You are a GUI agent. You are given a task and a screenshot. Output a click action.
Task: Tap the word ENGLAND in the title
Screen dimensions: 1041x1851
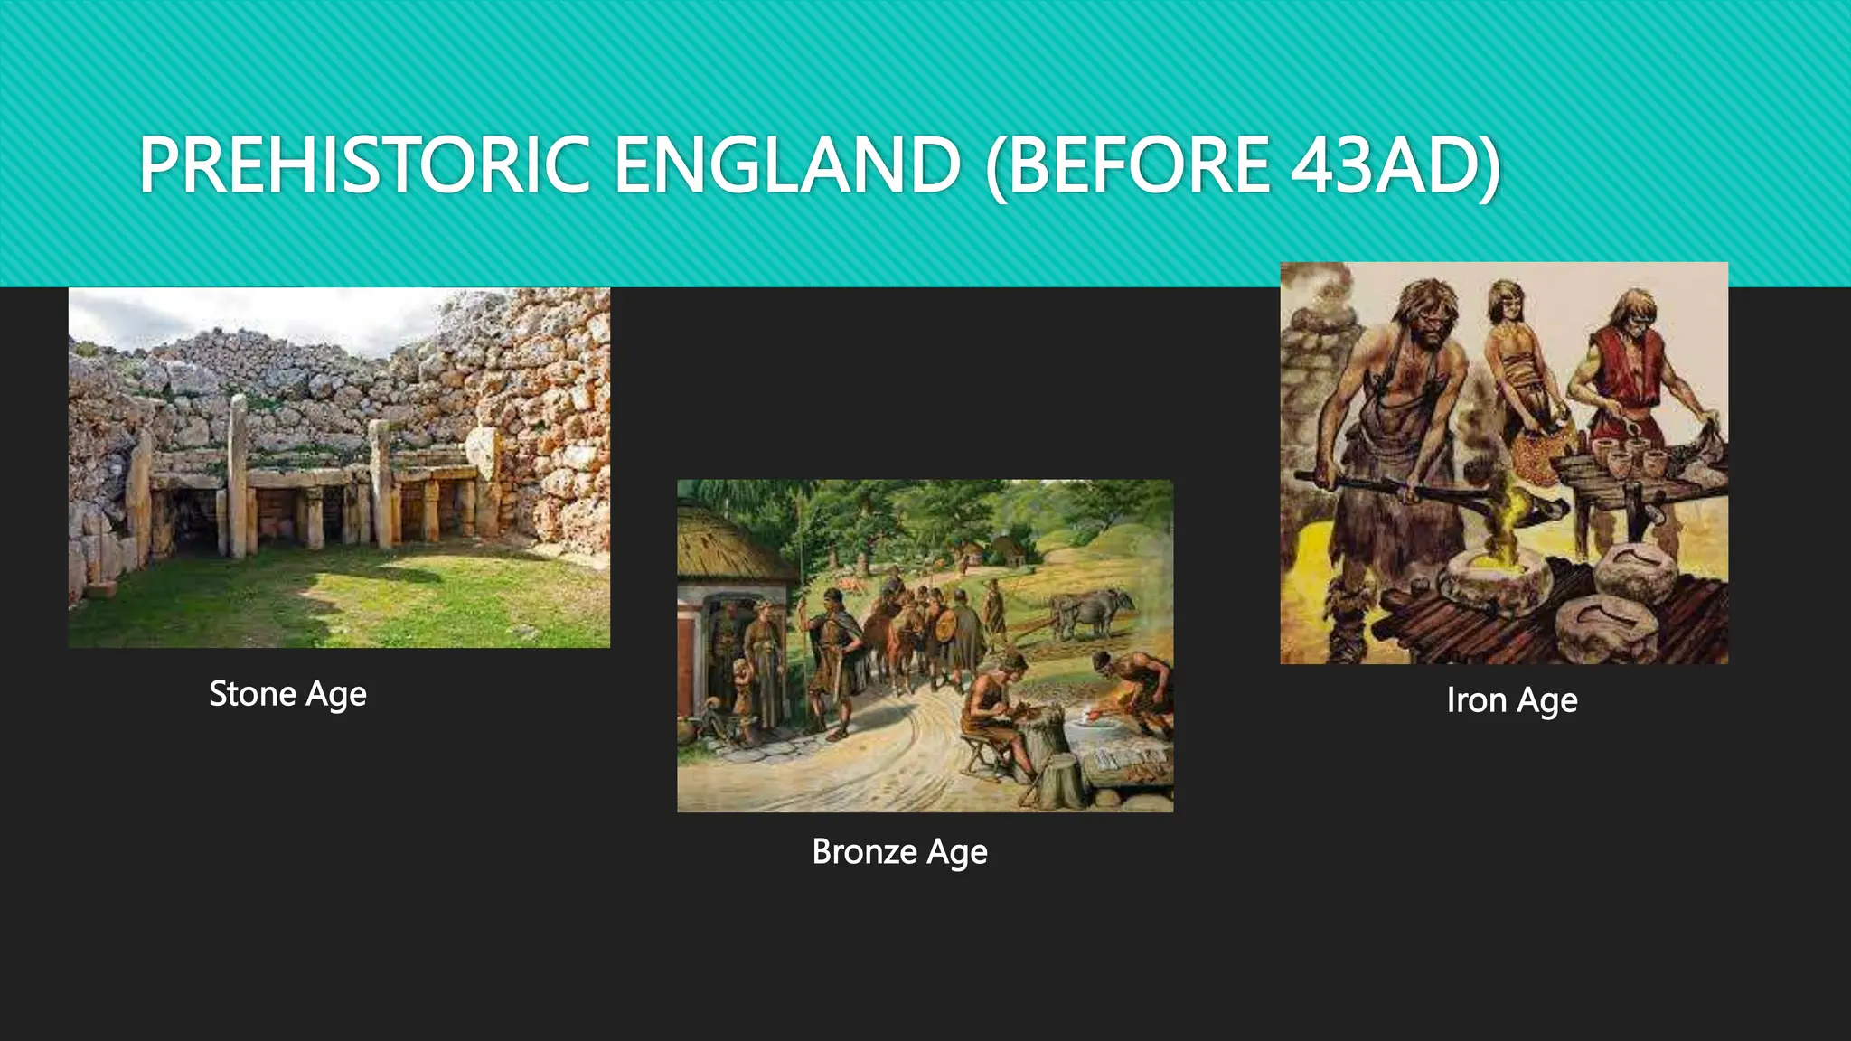pos(786,164)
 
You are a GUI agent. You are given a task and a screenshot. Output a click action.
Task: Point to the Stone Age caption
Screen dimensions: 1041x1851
pos(287,694)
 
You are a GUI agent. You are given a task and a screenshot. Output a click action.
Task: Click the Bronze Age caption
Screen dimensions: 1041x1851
pos(899,852)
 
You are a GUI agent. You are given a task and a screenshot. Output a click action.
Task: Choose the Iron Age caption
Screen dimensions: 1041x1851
pos(1511,700)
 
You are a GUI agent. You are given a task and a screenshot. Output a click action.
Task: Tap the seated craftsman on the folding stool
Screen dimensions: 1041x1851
pos(994,714)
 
